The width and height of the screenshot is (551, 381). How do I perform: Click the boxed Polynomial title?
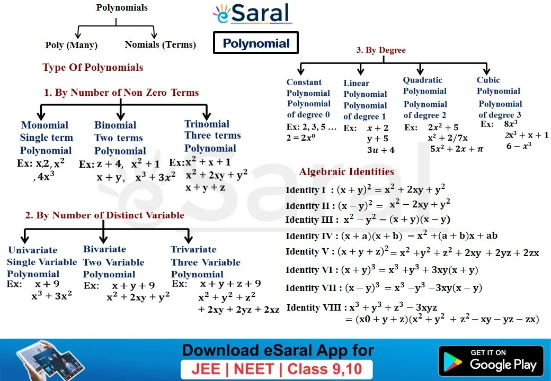pos(256,43)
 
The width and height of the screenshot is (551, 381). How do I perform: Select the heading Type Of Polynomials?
pos(93,67)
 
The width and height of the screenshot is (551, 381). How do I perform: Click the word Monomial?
pos(45,125)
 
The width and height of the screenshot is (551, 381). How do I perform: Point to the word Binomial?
pos(115,125)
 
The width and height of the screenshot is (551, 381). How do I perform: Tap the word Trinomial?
pos(207,124)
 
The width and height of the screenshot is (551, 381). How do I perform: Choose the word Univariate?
pos(33,250)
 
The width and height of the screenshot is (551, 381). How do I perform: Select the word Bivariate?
pos(105,249)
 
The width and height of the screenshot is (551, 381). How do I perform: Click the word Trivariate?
pos(193,249)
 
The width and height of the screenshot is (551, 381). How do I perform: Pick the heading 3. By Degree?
pos(381,50)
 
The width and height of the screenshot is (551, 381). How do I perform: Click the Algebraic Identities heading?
pos(346,171)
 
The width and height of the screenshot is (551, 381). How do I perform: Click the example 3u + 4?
pos(381,150)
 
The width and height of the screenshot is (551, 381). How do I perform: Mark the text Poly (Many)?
pos(72,46)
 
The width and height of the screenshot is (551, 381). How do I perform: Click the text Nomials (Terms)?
pos(160,44)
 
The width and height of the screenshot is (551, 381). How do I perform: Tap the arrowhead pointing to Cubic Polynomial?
pos(487,70)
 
